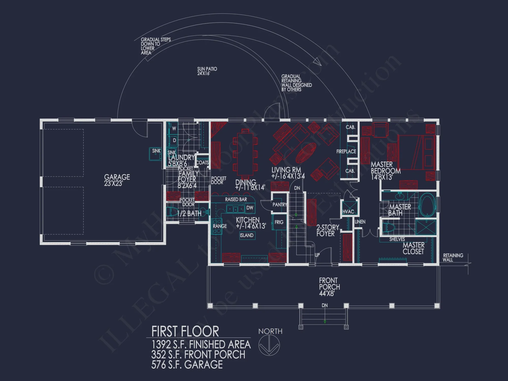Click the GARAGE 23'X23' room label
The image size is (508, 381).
pyautogui.click(x=117, y=180)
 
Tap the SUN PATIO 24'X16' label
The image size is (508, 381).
pyautogui.click(x=207, y=71)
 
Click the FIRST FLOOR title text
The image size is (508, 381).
pyautogui.click(x=185, y=331)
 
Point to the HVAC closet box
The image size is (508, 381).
pyautogui.click(x=349, y=209)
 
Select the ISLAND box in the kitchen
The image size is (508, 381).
pyautogui.click(x=247, y=235)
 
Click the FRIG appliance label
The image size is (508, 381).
pyautogui.click(x=279, y=222)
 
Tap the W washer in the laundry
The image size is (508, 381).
pyautogui.click(x=174, y=129)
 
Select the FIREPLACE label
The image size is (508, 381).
pyautogui.click(x=346, y=152)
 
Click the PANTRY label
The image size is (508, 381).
pyautogui.click(x=279, y=204)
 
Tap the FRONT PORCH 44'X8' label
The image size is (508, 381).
pyautogui.click(x=329, y=287)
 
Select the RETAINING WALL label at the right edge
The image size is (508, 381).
pyautogui.click(x=453, y=257)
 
